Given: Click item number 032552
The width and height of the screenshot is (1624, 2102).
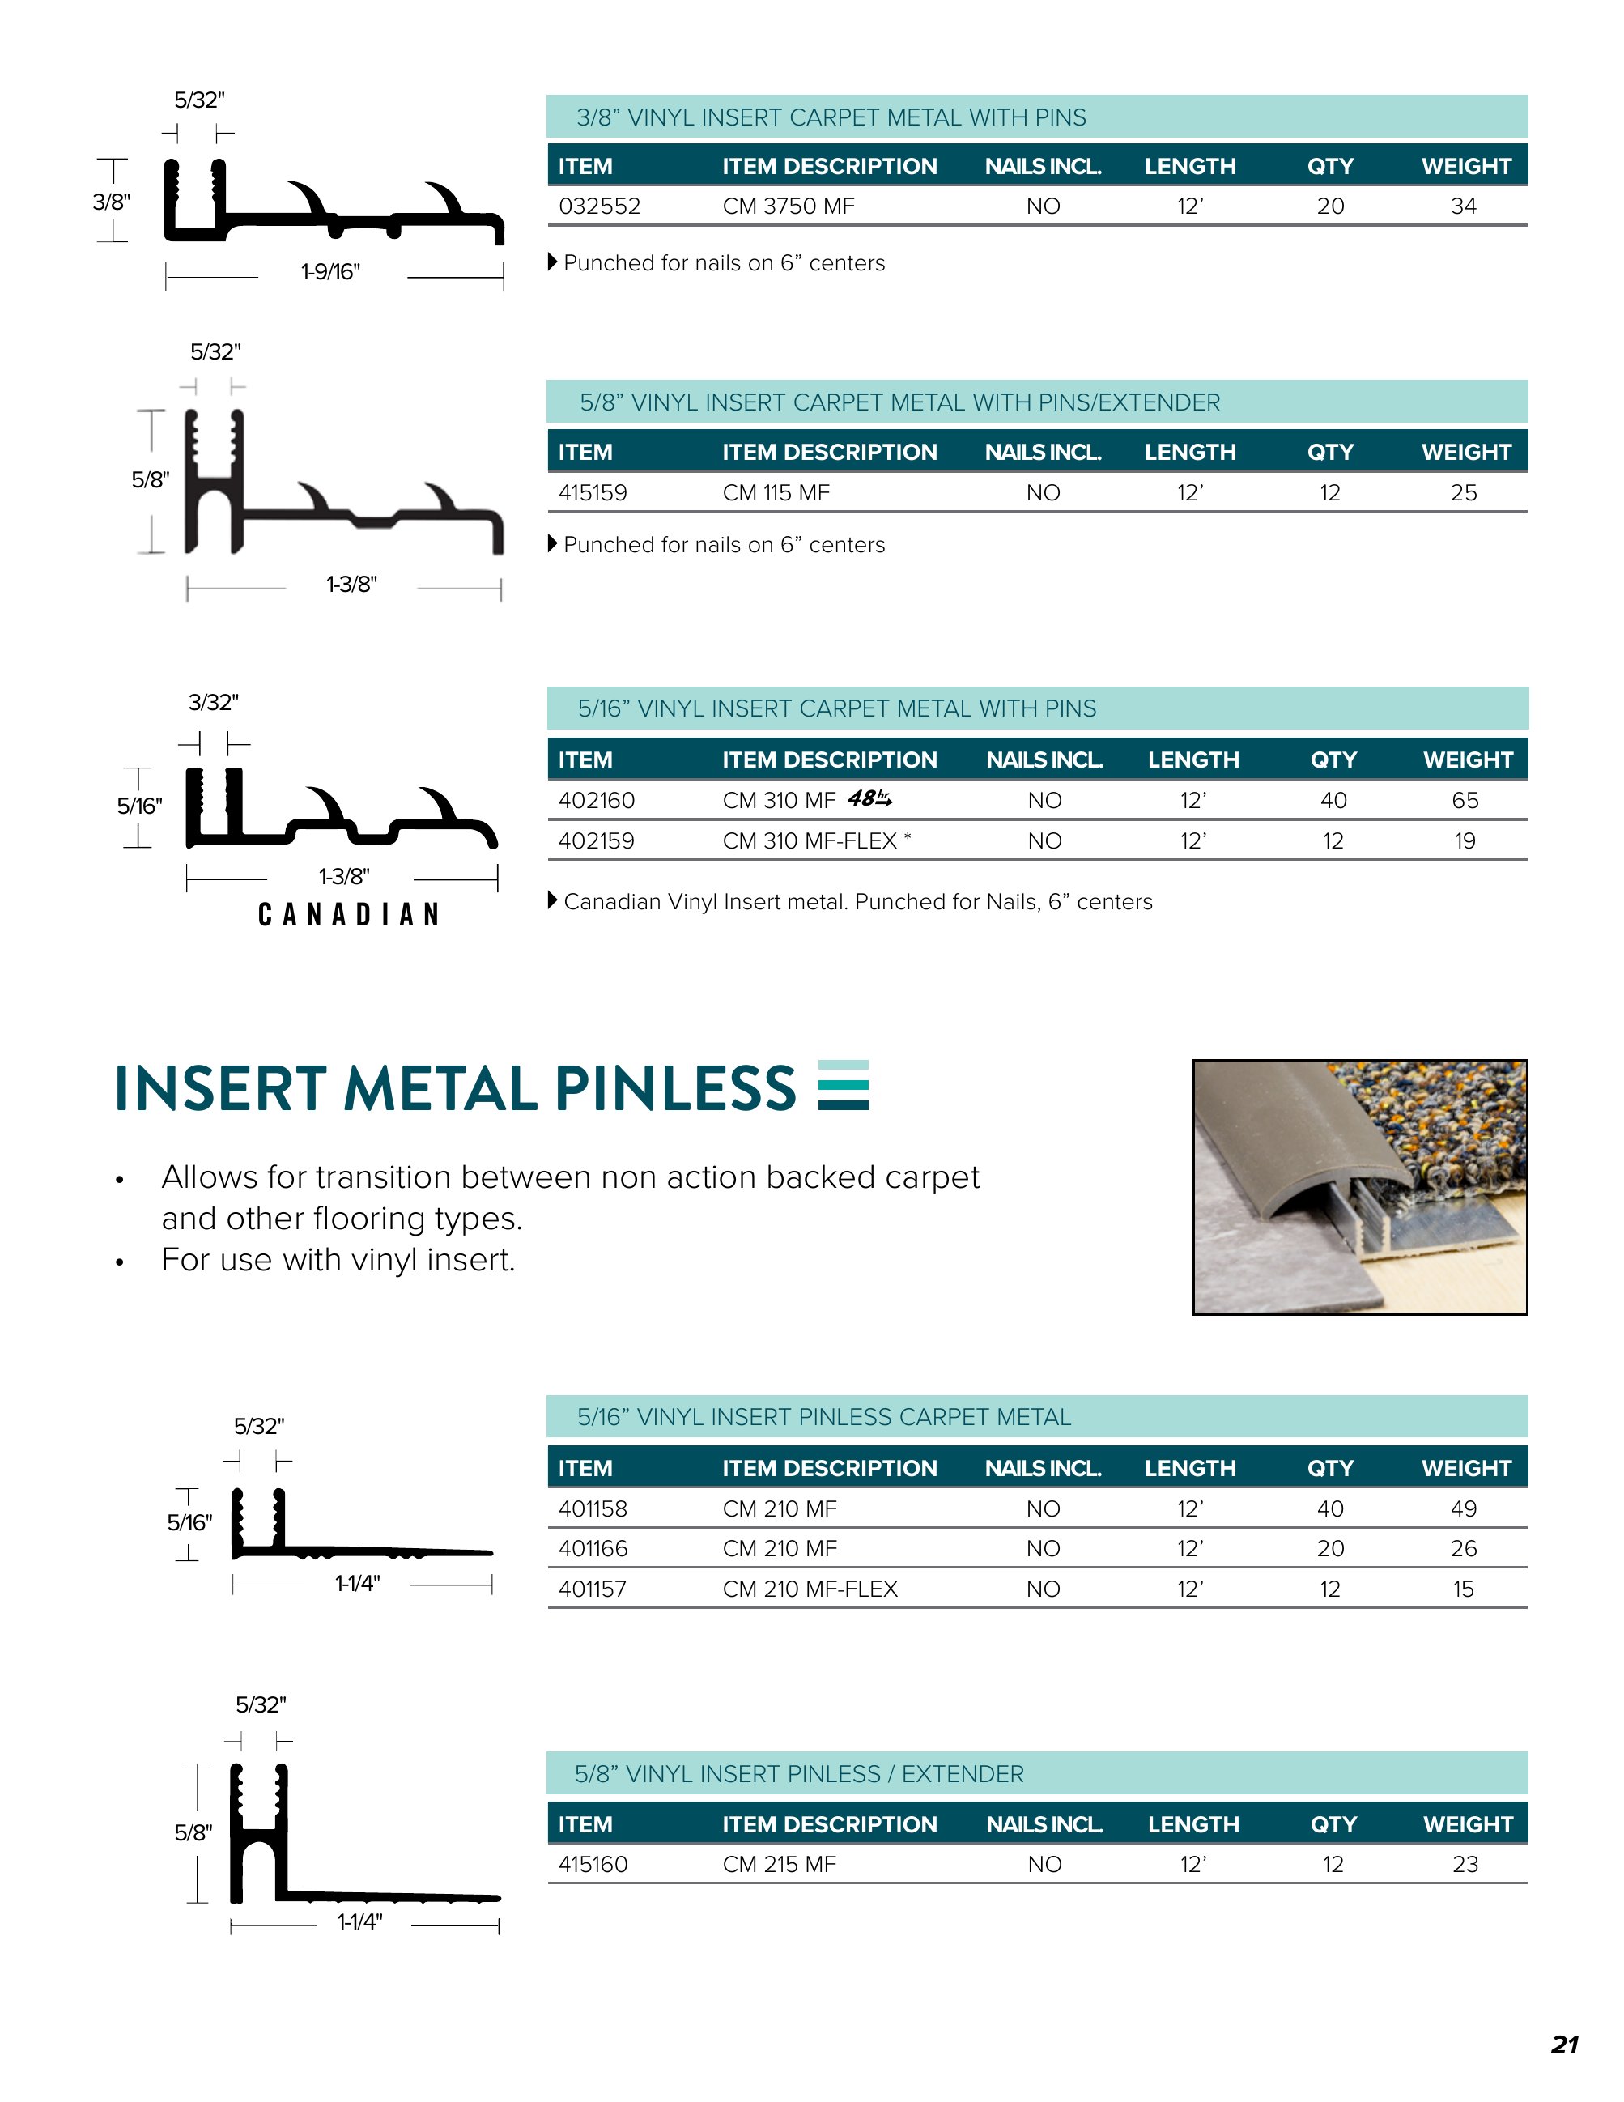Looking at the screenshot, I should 598,206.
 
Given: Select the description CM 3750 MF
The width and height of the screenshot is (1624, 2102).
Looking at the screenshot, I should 788,206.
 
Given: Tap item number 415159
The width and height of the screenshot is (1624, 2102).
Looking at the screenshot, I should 593,493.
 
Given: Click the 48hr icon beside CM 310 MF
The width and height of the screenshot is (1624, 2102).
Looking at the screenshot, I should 869,799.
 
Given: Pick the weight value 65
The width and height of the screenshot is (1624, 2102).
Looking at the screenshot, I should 1465,801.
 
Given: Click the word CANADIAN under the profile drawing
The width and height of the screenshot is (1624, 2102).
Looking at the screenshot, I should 348,914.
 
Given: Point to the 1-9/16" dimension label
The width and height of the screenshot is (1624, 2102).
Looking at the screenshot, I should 330,271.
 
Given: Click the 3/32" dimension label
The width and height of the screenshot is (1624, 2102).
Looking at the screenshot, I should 213,703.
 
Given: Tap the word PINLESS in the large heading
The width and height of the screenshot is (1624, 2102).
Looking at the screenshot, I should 674,1088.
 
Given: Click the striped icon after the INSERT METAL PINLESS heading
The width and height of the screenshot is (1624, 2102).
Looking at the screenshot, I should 843,1085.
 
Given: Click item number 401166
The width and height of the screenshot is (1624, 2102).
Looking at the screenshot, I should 593,1549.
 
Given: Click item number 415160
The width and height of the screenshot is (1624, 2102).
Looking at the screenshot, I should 593,1864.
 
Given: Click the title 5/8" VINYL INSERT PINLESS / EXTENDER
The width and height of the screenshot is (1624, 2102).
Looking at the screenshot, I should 798,1774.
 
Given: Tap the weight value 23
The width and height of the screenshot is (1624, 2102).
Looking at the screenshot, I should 1465,1864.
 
